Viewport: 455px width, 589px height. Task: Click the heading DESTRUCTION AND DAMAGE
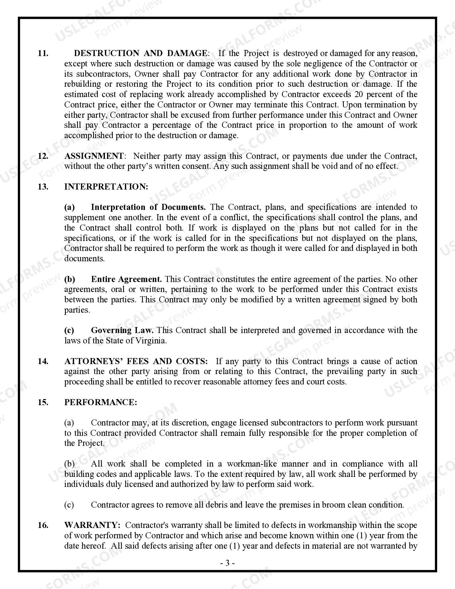pyautogui.click(x=140, y=54)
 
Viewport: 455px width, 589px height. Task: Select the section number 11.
pyautogui.click(x=43, y=54)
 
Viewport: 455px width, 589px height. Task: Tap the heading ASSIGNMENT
pyautogui.click(x=94, y=156)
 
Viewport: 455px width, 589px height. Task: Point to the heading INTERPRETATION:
pyautogui.click(x=106, y=187)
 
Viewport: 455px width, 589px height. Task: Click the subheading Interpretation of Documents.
pyautogui.click(x=148, y=207)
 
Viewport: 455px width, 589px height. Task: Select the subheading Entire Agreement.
pyautogui.click(x=126, y=279)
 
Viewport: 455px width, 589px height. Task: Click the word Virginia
pyautogui.click(x=151, y=341)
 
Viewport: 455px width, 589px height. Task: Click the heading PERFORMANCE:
pyautogui.click(x=101, y=402)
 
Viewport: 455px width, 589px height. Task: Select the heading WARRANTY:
pyautogui.click(x=92, y=525)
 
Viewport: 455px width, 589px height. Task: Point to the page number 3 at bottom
pyautogui.click(x=227, y=563)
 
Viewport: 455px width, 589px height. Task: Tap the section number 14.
pyautogui.click(x=43, y=361)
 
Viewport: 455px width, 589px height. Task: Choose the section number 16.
pyautogui.click(x=43, y=525)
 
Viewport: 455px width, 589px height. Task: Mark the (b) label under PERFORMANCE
pyautogui.click(x=69, y=464)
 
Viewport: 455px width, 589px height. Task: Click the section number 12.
pyautogui.click(x=43, y=156)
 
